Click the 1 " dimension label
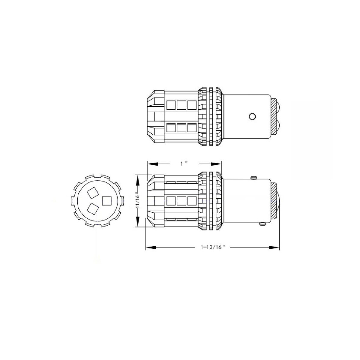[x=184, y=164]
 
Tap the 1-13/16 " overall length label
[x=212, y=247]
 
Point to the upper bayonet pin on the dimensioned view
[x=254, y=178]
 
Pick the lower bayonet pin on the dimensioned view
[x=263, y=224]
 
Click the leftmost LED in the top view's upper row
[x=171, y=104]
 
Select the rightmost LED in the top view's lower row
[x=192, y=128]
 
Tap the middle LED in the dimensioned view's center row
[x=181, y=200]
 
